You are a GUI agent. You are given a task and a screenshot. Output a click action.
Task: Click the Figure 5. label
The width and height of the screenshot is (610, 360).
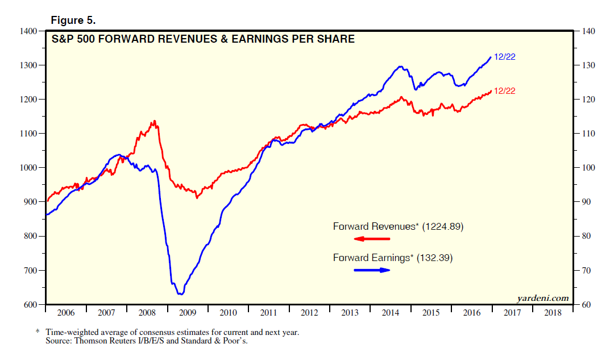tap(73, 20)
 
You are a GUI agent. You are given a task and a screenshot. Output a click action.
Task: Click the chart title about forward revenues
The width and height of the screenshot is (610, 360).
tap(203, 39)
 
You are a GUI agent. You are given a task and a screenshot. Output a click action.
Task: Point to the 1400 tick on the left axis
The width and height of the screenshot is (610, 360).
tap(28, 31)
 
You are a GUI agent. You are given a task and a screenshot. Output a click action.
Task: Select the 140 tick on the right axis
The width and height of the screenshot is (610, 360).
tap(587, 31)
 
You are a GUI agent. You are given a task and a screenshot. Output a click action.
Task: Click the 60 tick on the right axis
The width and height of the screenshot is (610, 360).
tap(586, 304)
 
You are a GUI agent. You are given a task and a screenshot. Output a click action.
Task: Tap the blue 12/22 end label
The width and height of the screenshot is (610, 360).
tap(505, 56)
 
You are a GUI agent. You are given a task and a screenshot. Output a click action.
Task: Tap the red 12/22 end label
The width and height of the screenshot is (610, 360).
tap(505, 91)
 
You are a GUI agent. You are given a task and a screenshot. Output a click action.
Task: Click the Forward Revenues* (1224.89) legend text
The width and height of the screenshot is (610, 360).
tap(399, 226)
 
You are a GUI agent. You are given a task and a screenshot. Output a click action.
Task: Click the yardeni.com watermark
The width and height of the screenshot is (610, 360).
tap(542, 297)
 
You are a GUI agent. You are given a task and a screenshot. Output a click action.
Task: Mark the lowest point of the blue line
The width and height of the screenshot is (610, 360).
tap(180, 294)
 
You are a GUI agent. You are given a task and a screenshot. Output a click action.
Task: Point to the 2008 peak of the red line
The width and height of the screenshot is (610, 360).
tap(153, 121)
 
